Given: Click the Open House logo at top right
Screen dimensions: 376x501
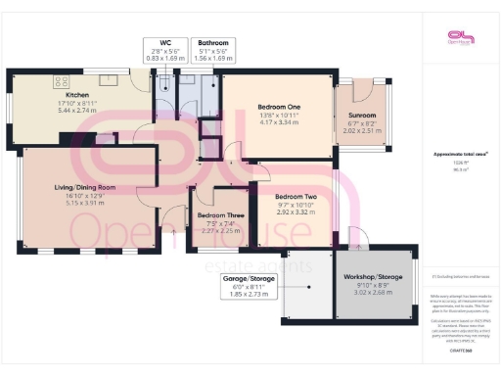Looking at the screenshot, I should pyautogui.click(x=459, y=37).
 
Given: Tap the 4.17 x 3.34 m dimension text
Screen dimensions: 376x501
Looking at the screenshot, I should pyautogui.click(x=263, y=122).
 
